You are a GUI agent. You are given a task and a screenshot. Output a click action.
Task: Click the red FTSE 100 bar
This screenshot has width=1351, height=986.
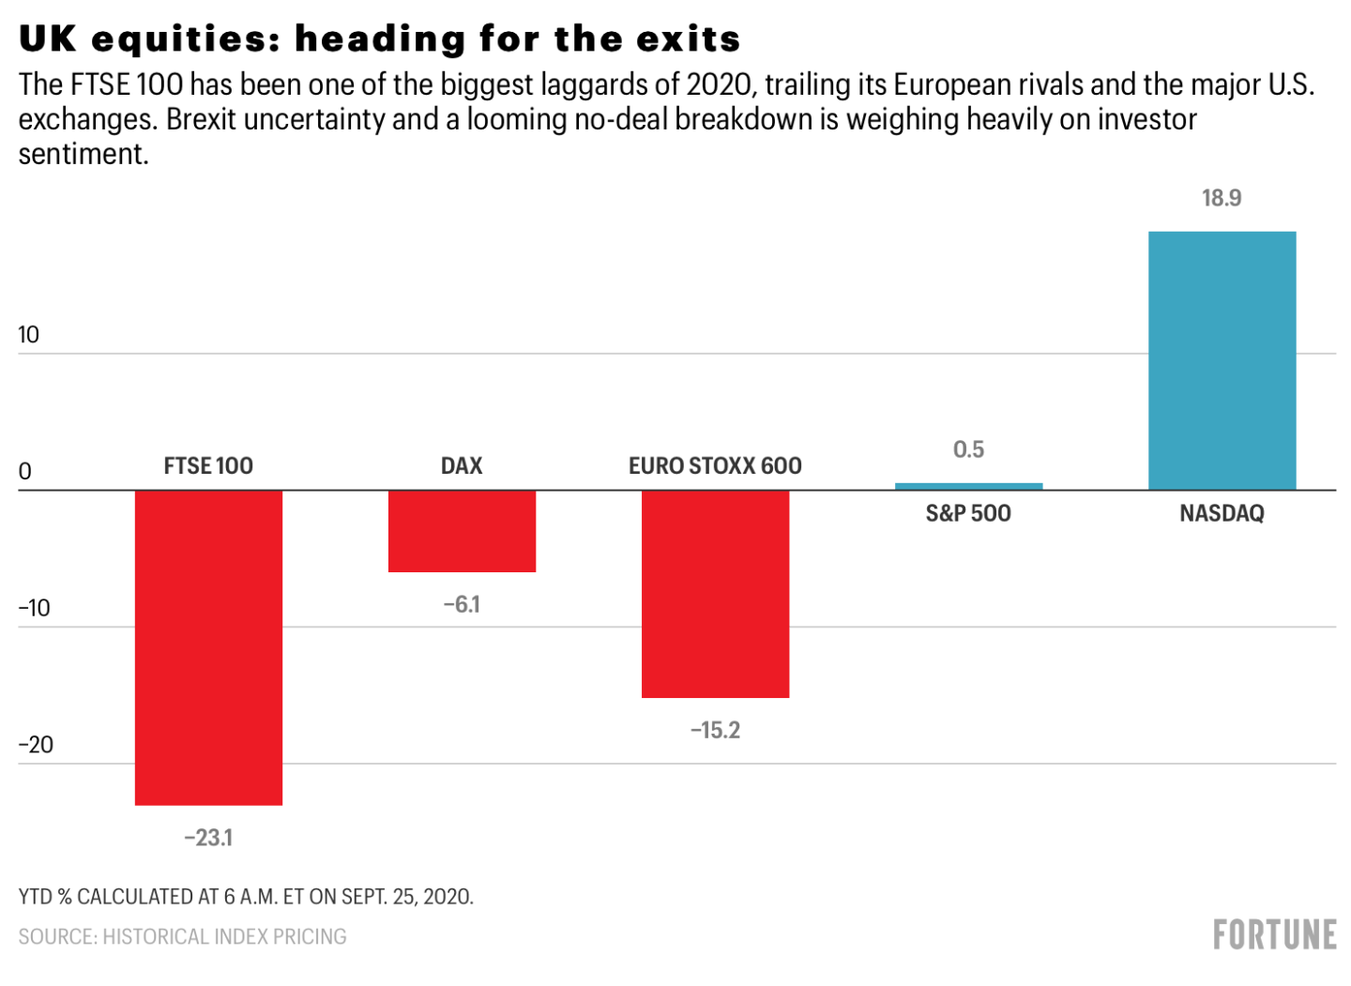208,647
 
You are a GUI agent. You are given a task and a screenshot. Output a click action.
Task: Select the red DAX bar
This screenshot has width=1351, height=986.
462,531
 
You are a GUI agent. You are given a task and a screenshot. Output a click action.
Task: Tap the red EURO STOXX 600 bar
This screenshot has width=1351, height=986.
715,594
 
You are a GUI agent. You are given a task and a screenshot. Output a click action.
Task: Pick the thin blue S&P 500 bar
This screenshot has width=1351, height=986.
968,486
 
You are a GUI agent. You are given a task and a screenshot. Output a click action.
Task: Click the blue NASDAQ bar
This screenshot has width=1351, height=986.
1222,360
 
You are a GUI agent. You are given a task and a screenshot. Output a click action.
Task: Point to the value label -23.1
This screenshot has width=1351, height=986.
208,838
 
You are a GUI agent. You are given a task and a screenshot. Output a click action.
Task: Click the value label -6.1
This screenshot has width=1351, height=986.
462,605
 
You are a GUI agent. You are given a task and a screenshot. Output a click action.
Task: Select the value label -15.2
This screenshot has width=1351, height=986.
715,731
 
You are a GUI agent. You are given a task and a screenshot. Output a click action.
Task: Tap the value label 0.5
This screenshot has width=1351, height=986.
968,450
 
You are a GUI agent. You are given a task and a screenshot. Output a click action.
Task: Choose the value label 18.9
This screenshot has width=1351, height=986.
1222,198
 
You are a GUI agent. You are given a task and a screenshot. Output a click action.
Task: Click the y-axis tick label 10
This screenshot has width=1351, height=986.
29,335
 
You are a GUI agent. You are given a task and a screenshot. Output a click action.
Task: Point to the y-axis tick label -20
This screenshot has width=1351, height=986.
36,745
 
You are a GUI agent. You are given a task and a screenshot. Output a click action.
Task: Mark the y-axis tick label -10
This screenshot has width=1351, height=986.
35,608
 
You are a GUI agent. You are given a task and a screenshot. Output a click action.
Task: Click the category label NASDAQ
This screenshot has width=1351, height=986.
1222,514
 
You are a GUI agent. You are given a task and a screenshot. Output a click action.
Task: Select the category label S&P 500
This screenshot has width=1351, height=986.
968,514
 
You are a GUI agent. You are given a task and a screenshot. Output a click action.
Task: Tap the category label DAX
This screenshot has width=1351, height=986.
462,466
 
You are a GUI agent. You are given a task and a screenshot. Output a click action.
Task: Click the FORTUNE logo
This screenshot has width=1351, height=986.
1274,935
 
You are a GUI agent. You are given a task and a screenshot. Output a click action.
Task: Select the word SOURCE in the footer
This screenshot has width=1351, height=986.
56,936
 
